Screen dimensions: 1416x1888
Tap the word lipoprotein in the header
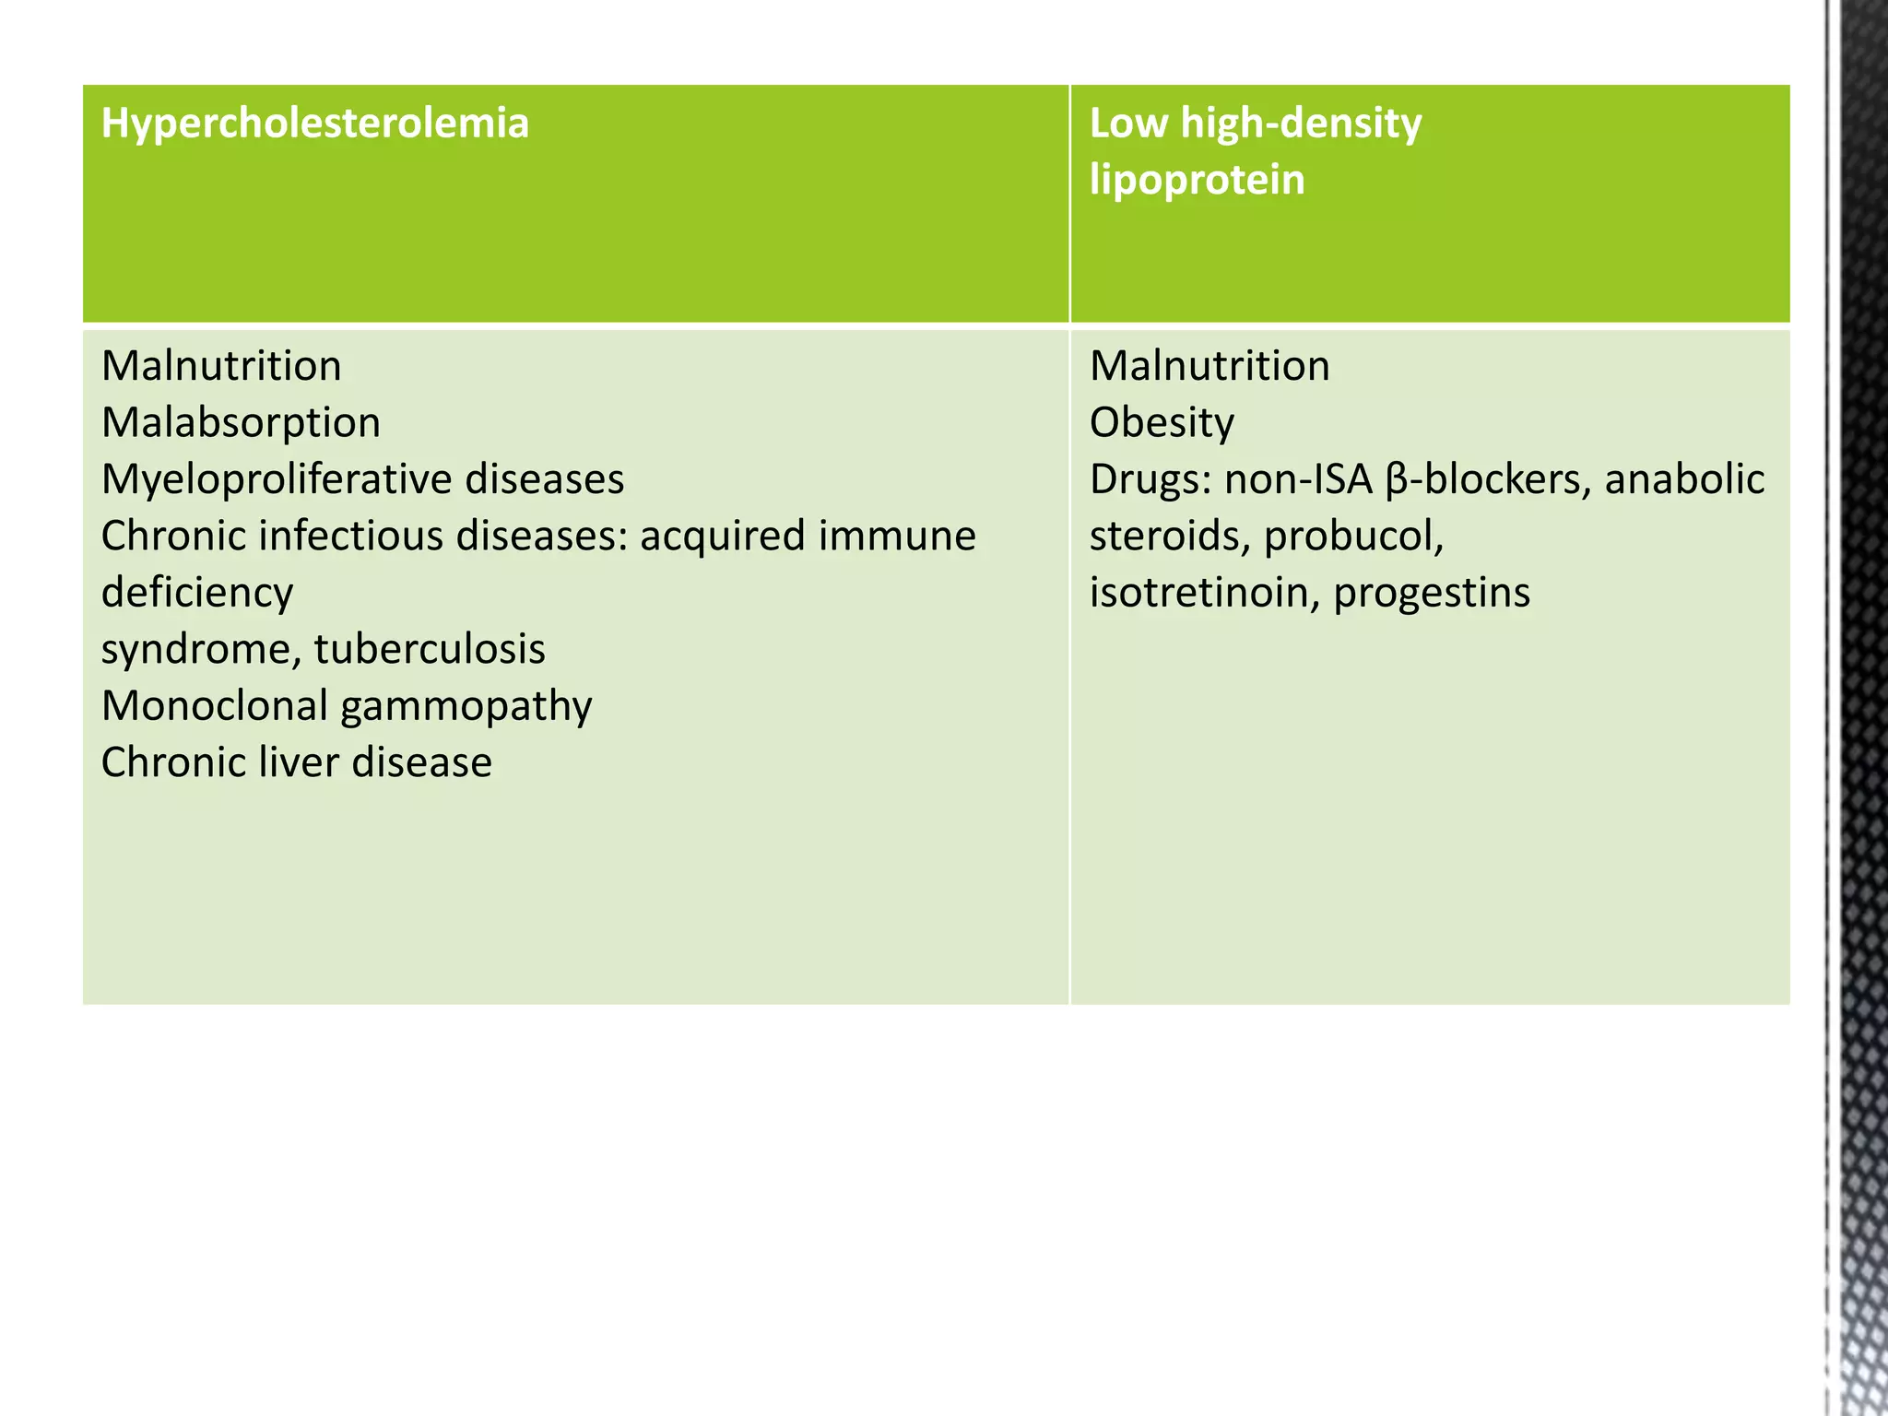pyautogui.click(x=1197, y=180)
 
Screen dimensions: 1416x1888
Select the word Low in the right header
pyautogui.click(x=1127, y=124)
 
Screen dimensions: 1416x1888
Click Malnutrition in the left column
pyautogui.click(x=221, y=367)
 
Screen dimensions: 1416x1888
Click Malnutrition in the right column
pyautogui.click(x=1209, y=367)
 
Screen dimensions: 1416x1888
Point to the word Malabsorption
pyautogui.click(x=241, y=424)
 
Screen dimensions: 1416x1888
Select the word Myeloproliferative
pyautogui.click(x=276, y=480)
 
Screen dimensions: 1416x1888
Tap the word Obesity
pyautogui.click(x=1162, y=424)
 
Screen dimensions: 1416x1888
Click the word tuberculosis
pyautogui.click(x=430, y=650)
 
